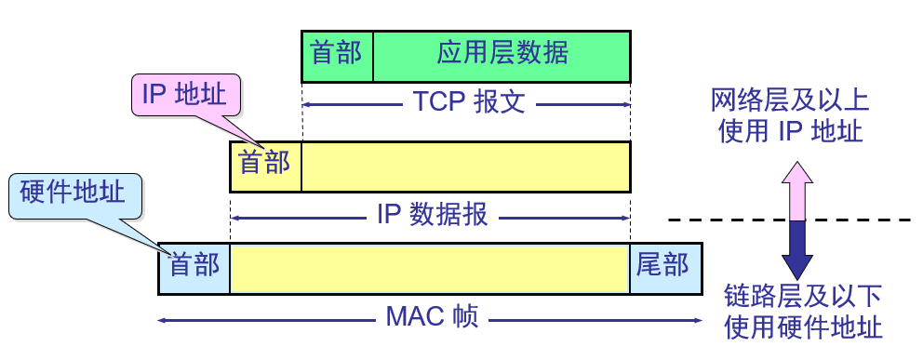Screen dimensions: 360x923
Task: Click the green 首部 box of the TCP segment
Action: tap(337, 55)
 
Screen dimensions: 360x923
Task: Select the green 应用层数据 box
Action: tap(502, 55)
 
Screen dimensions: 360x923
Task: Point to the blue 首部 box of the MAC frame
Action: tap(194, 267)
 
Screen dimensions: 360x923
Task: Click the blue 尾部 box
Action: tap(665, 267)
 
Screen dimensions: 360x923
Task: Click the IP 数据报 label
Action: tap(432, 217)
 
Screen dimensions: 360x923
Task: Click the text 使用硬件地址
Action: tap(802, 327)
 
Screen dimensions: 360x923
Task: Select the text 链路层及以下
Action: tap(802, 297)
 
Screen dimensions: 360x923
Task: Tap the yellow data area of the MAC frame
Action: tap(430, 267)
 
